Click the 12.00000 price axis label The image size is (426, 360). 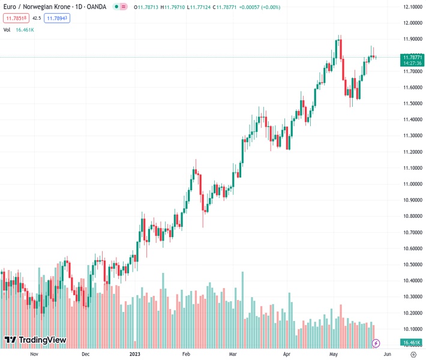[x=413, y=23]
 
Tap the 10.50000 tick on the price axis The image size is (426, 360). [x=413, y=265]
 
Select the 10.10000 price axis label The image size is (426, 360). [x=413, y=329]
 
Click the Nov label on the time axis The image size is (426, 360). [x=34, y=355]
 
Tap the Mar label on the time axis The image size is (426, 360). [x=233, y=355]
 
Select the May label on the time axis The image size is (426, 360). [x=334, y=355]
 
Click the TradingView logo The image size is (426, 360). [x=35, y=340]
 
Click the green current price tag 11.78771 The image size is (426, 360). [x=413, y=57]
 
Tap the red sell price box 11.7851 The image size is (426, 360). [x=16, y=18]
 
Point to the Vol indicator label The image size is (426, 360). [x=7, y=29]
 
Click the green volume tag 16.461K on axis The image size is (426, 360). [x=413, y=343]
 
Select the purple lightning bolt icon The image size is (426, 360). [x=376, y=343]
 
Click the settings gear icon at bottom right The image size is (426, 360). [x=413, y=355]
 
